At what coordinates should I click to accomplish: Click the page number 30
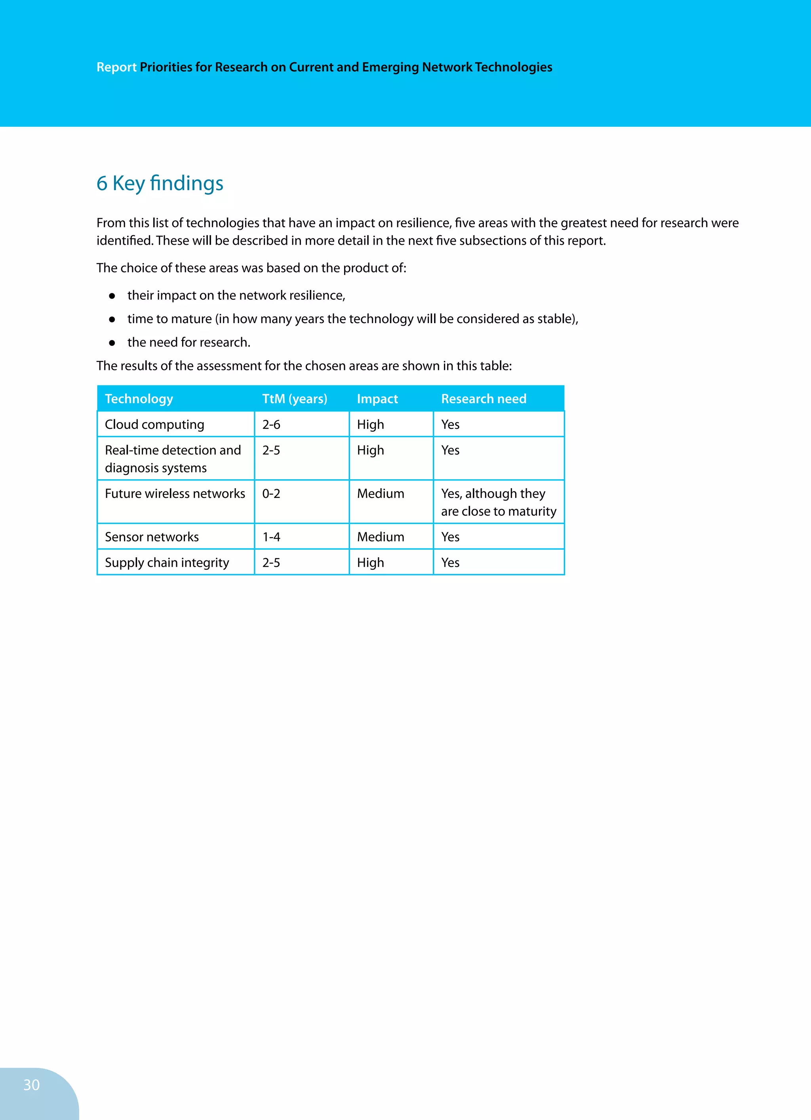coord(31,1084)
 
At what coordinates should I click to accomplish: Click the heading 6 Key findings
coord(160,183)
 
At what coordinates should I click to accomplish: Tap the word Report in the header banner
coord(116,67)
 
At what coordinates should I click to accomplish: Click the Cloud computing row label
coord(154,425)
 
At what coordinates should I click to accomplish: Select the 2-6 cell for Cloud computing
coord(271,425)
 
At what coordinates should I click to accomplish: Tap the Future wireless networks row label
coord(175,493)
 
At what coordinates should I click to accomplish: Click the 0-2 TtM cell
coord(271,493)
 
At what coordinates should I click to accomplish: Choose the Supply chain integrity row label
coord(167,562)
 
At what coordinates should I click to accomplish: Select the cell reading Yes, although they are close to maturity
coord(498,502)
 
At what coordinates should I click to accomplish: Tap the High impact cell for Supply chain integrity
coord(370,562)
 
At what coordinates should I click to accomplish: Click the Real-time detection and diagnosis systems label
coord(173,459)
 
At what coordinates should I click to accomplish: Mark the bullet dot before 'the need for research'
coord(112,343)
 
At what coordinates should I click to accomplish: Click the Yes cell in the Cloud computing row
coord(450,425)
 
